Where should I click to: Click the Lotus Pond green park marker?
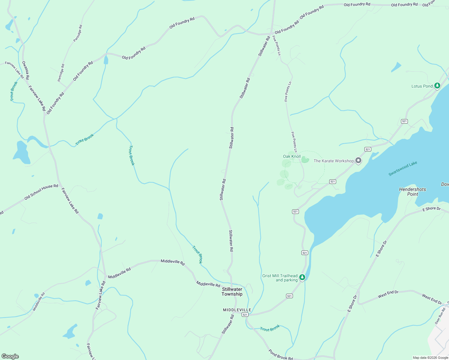pyautogui.click(x=437, y=86)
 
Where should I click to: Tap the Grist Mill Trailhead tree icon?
pyautogui.click(x=303, y=277)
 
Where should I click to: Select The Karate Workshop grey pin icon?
pyautogui.click(x=358, y=160)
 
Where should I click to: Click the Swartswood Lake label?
pyautogui.click(x=403, y=169)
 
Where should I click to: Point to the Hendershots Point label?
pyautogui.click(x=412, y=192)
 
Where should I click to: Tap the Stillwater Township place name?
pyautogui.click(x=232, y=292)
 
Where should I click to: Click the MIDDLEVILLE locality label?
pyautogui.click(x=237, y=310)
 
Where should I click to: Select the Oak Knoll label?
pyautogui.click(x=292, y=156)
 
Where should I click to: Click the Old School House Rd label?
pyautogui.click(x=41, y=192)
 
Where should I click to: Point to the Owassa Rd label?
pyautogui.click(x=26, y=70)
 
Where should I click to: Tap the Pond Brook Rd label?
pyautogui.click(x=280, y=355)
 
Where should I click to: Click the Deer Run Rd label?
pyautogui.click(x=440, y=316)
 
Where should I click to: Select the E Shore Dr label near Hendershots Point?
pyautogui.click(x=431, y=209)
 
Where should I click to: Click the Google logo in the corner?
pyautogui.click(x=10, y=356)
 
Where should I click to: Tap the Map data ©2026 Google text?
pyautogui.click(x=430, y=358)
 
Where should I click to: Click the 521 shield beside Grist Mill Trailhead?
pyautogui.click(x=305, y=253)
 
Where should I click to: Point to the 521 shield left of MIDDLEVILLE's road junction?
pyautogui.click(x=245, y=314)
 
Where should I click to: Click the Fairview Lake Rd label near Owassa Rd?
pyautogui.click(x=37, y=98)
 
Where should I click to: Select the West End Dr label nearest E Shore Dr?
pyautogui.click(x=388, y=294)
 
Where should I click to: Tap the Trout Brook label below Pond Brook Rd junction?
pyautogui.click(x=270, y=328)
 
